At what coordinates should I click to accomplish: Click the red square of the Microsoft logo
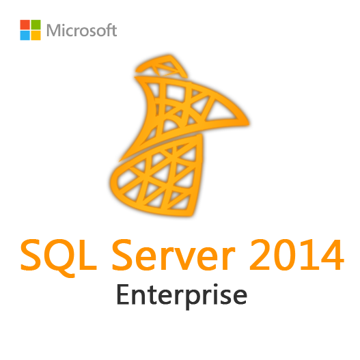(25, 25)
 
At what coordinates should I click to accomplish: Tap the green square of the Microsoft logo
(36, 25)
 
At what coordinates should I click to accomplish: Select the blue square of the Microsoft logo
(25, 36)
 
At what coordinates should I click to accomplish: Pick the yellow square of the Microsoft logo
(36, 36)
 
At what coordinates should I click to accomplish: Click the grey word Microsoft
(81, 30)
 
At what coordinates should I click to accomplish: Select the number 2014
(296, 255)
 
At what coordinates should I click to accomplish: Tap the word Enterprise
(182, 296)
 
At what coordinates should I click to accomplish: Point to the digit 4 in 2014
(332, 255)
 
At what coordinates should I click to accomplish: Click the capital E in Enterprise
(124, 294)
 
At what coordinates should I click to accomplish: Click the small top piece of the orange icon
(161, 66)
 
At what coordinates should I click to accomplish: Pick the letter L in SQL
(88, 255)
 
